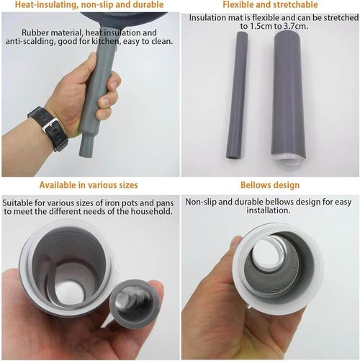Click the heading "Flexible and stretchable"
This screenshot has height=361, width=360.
point(270,5)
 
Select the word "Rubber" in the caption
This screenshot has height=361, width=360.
point(36,33)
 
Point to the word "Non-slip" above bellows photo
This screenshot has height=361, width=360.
point(203,202)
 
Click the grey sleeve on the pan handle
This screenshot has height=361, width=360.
point(96,101)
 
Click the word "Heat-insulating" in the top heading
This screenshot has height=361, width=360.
point(39,5)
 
